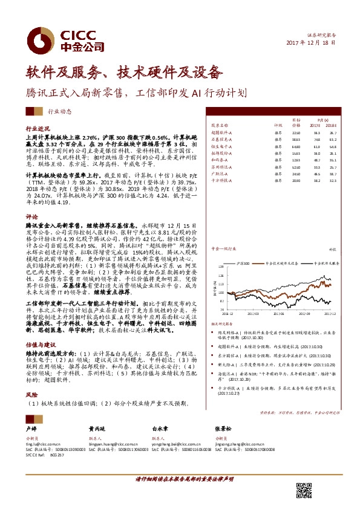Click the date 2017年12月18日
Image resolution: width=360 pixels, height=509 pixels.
click(x=310, y=44)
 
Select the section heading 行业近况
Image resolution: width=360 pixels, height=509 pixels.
click(x=37, y=129)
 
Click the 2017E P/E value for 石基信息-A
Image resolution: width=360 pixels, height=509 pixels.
click(x=316, y=140)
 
